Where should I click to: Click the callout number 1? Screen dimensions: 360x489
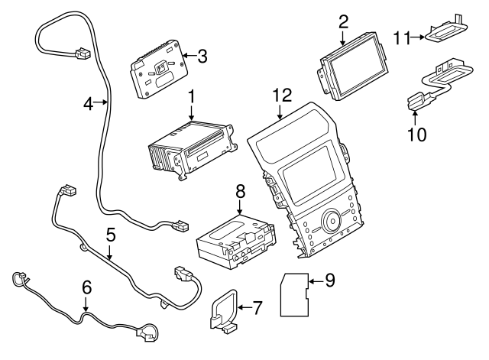click(192, 97)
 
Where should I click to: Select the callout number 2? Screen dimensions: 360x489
click(343, 21)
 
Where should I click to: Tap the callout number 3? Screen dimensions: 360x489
click(202, 55)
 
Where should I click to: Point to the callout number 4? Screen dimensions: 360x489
click(89, 103)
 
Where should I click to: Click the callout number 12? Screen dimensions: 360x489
click(282, 96)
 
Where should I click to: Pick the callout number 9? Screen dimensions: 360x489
click(329, 281)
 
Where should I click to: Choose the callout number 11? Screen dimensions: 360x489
click(402, 35)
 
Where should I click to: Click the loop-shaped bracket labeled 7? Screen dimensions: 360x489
click(223, 314)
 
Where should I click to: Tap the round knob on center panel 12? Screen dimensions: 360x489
click(333, 222)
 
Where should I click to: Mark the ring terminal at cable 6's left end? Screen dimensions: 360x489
click(17, 280)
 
